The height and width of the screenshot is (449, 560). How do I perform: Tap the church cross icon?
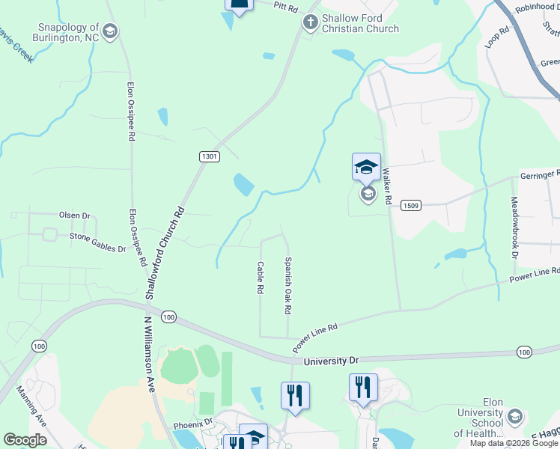tap(310, 22)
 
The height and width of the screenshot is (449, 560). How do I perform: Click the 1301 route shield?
tap(210, 156)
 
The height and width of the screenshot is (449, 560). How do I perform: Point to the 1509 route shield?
tap(410, 205)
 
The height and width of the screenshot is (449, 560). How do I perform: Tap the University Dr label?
tap(332, 361)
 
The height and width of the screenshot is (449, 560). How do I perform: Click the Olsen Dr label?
tap(74, 216)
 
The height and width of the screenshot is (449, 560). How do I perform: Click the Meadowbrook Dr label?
tap(514, 227)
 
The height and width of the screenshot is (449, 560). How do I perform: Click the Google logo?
tap(25, 440)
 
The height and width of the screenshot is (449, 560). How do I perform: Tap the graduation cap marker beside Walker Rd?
tap(366, 167)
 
